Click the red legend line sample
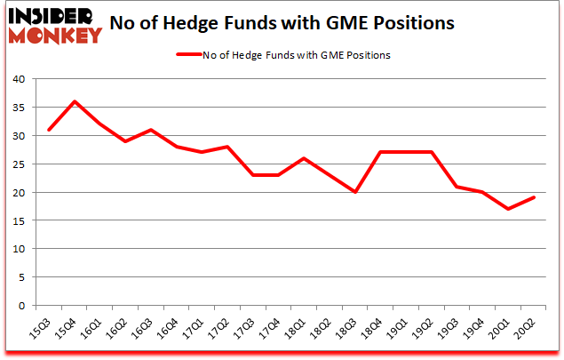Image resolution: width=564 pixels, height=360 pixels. tap(193, 55)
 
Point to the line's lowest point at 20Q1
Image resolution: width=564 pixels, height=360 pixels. tap(507, 209)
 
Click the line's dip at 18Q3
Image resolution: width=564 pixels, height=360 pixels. tap(355, 192)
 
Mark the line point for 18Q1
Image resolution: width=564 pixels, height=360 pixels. tap(305, 158)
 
